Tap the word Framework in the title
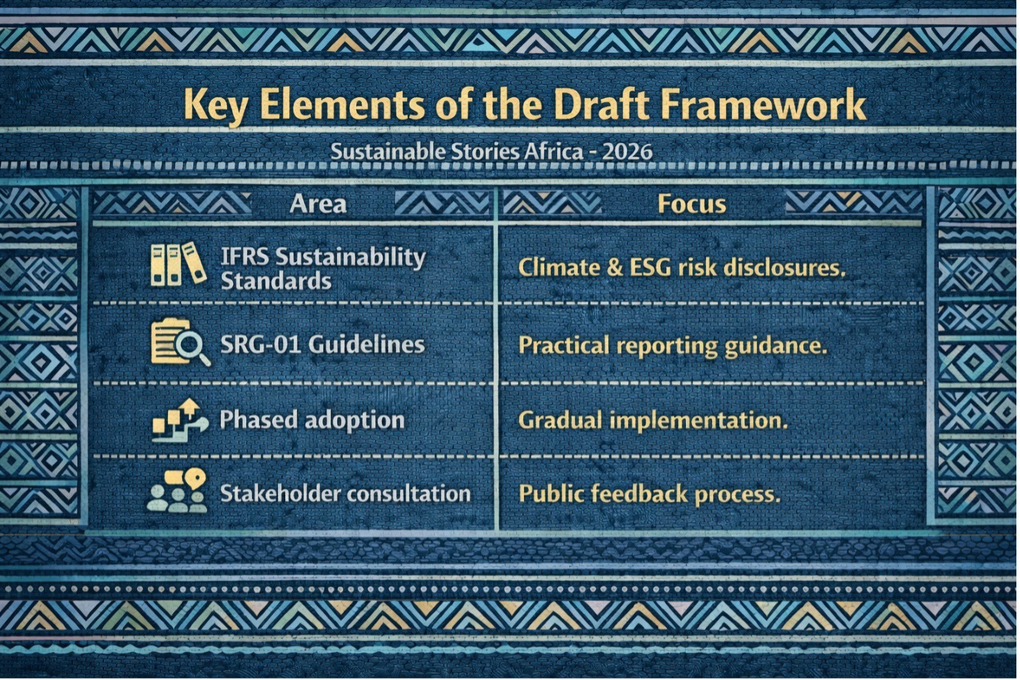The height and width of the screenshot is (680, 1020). click(764, 105)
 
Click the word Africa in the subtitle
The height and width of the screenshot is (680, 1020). click(553, 152)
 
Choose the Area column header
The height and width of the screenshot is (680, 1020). click(318, 204)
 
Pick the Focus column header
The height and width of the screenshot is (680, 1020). click(692, 204)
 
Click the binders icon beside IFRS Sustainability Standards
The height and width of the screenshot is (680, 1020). click(178, 264)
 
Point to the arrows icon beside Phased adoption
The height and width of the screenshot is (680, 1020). click(180, 420)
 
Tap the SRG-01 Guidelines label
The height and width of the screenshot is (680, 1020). click(322, 344)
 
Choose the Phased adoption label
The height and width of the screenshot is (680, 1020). click(312, 420)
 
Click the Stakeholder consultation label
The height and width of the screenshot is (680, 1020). click(345, 493)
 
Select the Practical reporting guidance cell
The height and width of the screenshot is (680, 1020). click(673, 346)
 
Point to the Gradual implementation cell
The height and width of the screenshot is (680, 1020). click(653, 420)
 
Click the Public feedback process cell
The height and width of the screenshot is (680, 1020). click(650, 494)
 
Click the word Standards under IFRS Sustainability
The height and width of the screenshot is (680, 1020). click(276, 281)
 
